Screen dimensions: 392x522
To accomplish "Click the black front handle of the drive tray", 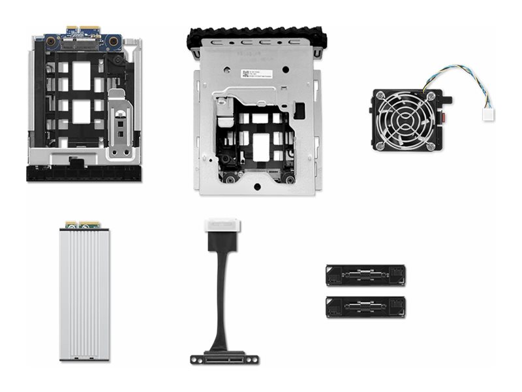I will pos(83,174).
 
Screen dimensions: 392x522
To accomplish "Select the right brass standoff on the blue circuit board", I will pos(113,41).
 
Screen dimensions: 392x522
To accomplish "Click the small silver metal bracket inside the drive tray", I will pos(121,124).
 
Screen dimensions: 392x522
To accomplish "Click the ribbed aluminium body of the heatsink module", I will pos(81,294).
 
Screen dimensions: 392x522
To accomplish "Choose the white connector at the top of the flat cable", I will pos(222,226).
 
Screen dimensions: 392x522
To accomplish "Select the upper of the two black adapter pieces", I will pos(365,275).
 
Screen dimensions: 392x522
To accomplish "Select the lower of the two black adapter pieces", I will pos(365,306).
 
